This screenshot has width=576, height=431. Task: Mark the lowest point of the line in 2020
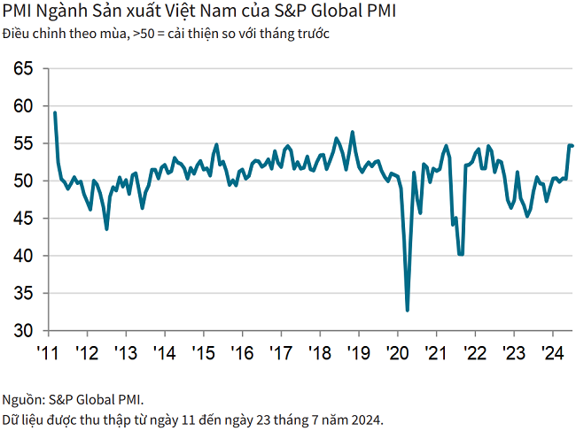(x=408, y=310)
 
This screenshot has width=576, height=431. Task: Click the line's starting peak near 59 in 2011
(x=55, y=112)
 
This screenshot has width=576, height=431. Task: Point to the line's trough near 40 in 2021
(x=461, y=254)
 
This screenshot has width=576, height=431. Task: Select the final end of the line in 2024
(x=572, y=145)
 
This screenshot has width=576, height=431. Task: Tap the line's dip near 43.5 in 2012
(x=107, y=229)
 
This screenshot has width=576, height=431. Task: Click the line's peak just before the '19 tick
(x=353, y=132)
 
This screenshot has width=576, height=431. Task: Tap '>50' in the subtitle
(x=141, y=34)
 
